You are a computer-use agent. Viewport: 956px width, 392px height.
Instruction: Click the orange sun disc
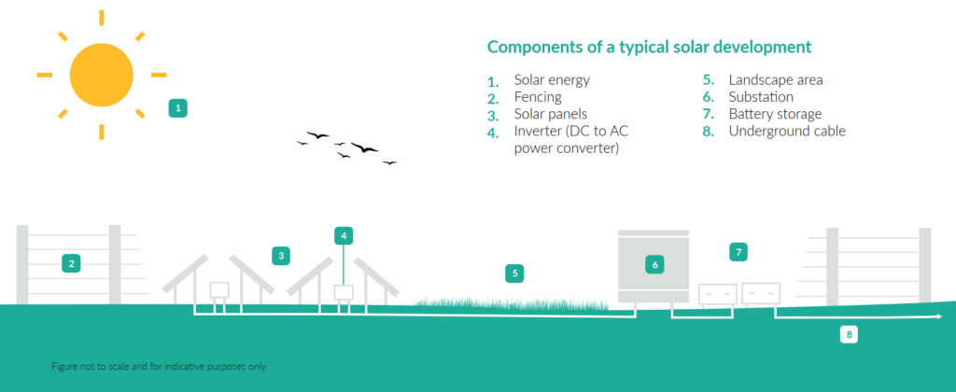[101, 75]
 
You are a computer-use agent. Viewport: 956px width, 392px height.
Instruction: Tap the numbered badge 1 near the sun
[178, 108]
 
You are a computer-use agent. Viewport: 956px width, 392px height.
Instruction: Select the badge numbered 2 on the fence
[71, 264]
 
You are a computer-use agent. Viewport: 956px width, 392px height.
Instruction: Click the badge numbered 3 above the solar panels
[281, 256]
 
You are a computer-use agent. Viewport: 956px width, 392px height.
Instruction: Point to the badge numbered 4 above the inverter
[344, 235]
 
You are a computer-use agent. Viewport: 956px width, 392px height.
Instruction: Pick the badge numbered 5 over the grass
[514, 273]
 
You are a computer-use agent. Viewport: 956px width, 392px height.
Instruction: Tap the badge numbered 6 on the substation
[654, 264]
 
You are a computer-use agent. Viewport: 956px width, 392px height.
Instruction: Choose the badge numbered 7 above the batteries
[738, 252]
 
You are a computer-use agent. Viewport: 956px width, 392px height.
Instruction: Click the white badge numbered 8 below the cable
[849, 334]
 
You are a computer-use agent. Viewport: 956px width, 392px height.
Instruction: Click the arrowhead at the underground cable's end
[938, 317]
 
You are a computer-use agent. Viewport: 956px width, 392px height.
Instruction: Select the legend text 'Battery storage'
[775, 114]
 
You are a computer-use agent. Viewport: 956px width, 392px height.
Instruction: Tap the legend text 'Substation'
[761, 97]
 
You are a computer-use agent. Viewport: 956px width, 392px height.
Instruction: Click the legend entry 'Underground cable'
[787, 131]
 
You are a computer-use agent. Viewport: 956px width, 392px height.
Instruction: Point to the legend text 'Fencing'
[538, 98]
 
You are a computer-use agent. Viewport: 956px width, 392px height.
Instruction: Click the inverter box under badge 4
[344, 293]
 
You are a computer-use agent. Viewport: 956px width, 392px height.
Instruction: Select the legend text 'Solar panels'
[551, 114]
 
